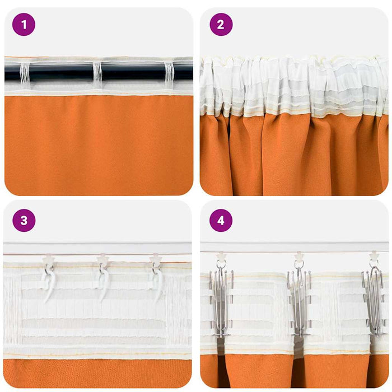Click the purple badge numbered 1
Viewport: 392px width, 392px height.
click(x=24, y=25)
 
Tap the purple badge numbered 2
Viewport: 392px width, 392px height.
click(x=221, y=25)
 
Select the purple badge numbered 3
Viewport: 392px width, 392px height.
click(x=24, y=221)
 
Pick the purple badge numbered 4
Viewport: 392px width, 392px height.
click(x=221, y=221)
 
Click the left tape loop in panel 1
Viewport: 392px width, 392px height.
click(x=25, y=75)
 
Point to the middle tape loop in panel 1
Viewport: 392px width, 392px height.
click(x=97, y=75)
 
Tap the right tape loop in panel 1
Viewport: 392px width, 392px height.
click(x=169, y=75)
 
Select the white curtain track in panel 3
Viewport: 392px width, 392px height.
click(x=98, y=248)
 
